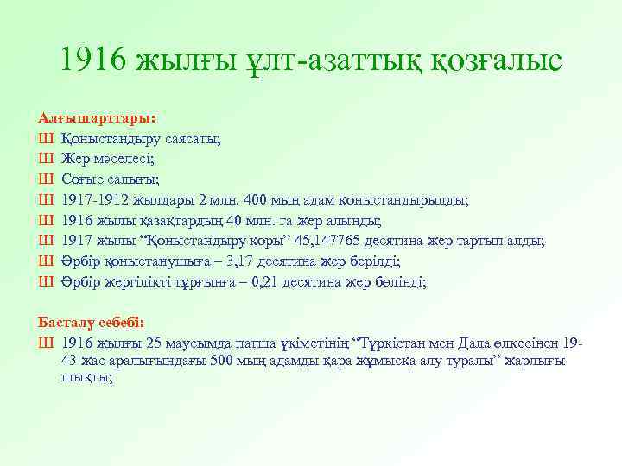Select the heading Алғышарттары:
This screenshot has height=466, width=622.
92,116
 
